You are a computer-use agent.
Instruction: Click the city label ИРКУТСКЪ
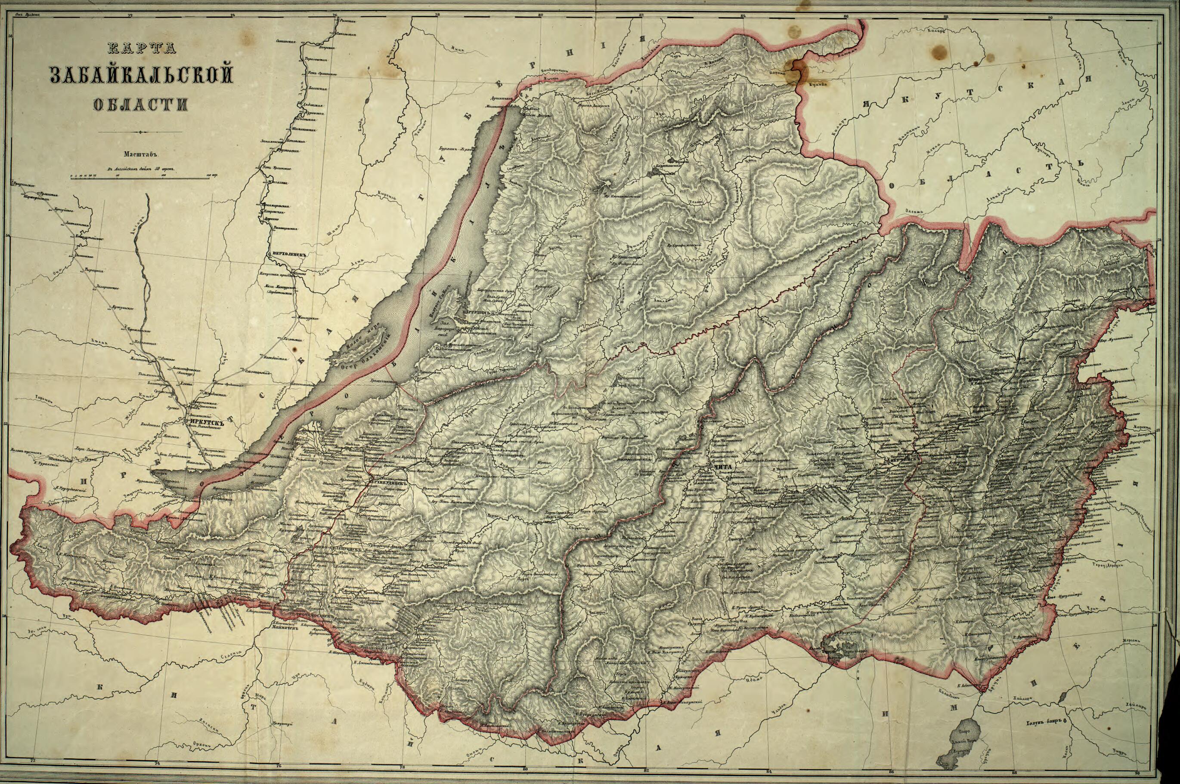click(x=206, y=421)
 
